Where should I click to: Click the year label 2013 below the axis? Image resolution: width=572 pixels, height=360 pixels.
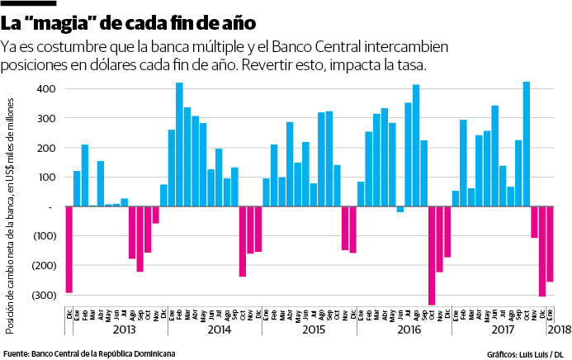click(x=124, y=329)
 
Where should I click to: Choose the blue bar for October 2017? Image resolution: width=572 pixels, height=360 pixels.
click(x=527, y=144)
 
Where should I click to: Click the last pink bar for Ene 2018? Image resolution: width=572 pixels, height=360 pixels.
click(x=551, y=244)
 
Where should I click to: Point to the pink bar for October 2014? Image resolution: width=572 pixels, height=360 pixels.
click(x=243, y=241)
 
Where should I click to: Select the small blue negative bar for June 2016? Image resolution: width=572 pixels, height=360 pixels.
click(x=400, y=209)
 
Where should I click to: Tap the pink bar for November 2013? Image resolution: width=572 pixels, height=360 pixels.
click(x=155, y=215)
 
